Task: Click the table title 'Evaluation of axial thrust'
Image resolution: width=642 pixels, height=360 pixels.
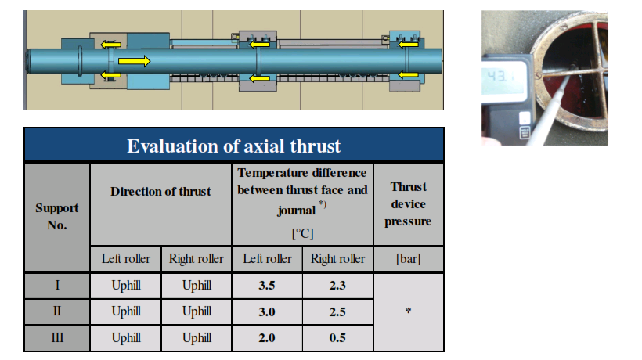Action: (x=234, y=146)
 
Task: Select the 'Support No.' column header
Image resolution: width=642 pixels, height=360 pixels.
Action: (x=57, y=217)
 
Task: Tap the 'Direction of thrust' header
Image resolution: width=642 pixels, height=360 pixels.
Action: (x=160, y=192)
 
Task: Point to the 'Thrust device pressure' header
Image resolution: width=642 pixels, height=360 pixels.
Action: (x=408, y=203)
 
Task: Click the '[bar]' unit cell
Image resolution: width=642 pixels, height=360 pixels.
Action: (x=408, y=258)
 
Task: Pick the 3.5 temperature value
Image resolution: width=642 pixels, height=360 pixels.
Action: (x=266, y=285)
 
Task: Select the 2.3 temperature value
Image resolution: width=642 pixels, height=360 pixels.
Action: (x=337, y=285)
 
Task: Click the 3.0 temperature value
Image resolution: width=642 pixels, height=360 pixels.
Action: (x=266, y=311)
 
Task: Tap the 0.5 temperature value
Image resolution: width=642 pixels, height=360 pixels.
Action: (x=337, y=338)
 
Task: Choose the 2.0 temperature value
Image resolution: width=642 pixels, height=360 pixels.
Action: (x=266, y=338)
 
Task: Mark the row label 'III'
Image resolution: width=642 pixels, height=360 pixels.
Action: (x=57, y=337)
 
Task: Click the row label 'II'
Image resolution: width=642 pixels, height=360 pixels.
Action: (x=57, y=311)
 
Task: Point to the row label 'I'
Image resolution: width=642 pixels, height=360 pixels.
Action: (x=57, y=285)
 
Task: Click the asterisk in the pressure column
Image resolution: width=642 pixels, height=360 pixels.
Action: (x=408, y=311)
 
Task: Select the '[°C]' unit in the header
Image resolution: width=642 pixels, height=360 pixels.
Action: (x=302, y=233)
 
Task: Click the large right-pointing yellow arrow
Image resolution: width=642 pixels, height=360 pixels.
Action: (x=135, y=61)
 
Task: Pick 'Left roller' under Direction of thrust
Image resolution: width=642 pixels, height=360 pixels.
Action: (x=126, y=258)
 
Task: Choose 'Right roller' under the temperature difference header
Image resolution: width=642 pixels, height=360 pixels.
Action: (x=337, y=258)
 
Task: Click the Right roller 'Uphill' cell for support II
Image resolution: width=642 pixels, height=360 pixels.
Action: (x=197, y=311)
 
